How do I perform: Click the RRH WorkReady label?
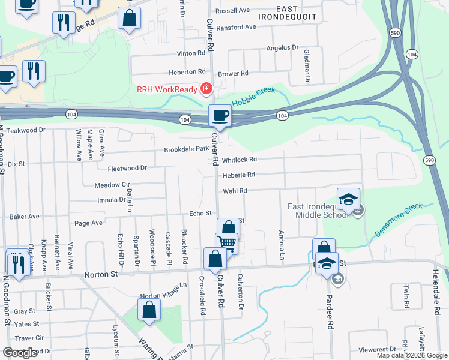(x=167, y=89)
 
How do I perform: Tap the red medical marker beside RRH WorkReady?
(x=206, y=89)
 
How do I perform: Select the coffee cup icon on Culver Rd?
(x=220, y=115)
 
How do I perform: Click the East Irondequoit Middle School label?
(x=316, y=211)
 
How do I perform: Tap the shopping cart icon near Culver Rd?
(x=226, y=242)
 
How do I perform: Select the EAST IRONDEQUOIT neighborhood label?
(x=288, y=13)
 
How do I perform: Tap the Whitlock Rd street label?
(x=239, y=160)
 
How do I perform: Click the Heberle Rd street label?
(x=239, y=175)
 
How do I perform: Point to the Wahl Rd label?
(x=235, y=190)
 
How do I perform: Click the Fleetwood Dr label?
(x=127, y=169)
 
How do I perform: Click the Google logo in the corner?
(x=20, y=353)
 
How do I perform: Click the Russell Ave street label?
(x=232, y=11)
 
